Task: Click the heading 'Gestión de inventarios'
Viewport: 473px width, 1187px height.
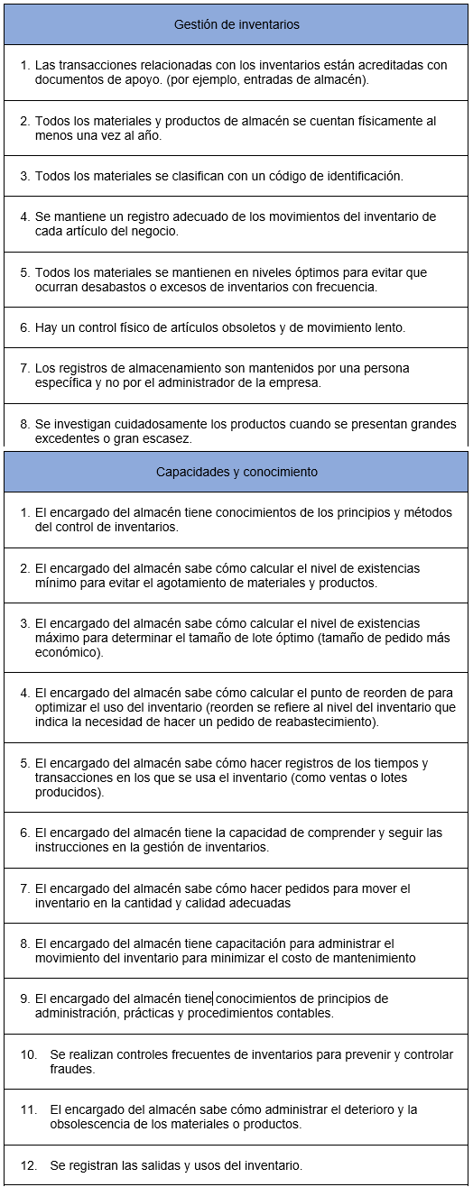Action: click(236, 24)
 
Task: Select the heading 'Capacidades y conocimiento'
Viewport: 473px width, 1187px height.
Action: click(236, 472)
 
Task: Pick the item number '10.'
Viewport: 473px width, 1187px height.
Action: click(29, 1054)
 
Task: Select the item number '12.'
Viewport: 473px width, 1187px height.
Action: click(29, 1164)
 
